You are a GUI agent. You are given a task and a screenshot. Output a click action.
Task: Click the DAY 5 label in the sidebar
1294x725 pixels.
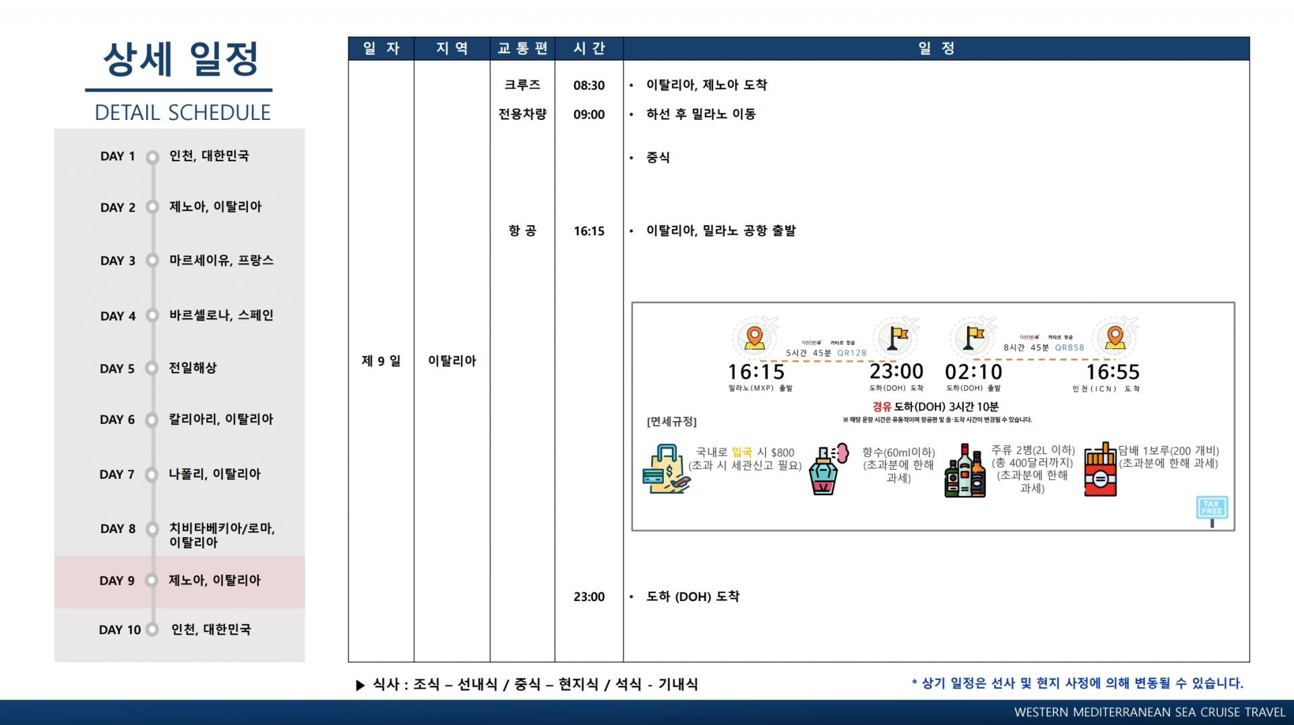click(117, 369)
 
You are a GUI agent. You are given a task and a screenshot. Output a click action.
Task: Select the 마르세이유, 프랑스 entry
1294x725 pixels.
click(221, 261)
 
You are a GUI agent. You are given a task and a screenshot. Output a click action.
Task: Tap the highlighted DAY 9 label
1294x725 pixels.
click(117, 581)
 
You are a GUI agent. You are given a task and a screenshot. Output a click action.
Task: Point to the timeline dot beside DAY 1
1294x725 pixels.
click(153, 156)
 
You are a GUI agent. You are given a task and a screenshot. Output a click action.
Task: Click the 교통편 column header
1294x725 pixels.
click(522, 49)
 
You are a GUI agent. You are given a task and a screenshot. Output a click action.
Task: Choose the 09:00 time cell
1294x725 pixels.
click(589, 115)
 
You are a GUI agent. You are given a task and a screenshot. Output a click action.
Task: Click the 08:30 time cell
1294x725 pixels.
click(589, 86)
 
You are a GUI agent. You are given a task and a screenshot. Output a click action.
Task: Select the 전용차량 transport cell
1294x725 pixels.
click(522, 114)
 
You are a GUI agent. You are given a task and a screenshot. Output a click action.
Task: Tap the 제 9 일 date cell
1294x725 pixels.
click(381, 361)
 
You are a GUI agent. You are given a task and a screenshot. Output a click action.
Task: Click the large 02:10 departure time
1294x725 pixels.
click(973, 372)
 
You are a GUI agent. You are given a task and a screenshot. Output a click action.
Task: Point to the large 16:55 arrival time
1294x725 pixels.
click(1112, 372)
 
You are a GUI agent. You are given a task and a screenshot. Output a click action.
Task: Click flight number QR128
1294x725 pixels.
click(852, 352)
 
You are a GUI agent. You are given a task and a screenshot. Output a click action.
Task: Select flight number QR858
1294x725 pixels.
click(1070, 348)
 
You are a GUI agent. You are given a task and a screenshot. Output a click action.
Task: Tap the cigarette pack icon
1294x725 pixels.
click(1100, 470)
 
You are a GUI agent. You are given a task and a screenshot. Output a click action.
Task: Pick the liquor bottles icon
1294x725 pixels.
click(965, 472)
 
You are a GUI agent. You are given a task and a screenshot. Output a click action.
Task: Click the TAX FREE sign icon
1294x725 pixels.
click(1211, 509)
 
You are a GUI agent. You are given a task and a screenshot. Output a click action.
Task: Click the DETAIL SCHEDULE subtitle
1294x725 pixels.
click(183, 113)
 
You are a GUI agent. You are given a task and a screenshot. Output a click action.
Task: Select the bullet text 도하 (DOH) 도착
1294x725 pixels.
click(693, 596)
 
